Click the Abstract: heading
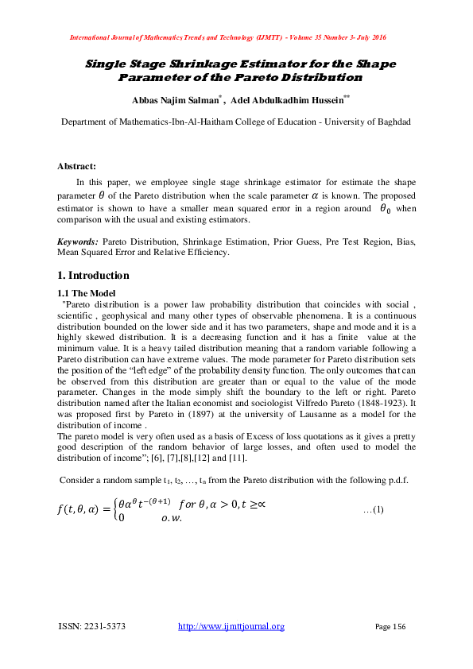click(x=76, y=166)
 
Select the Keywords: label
click(x=78, y=241)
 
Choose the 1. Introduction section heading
click(x=93, y=276)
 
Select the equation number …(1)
click(x=374, y=509)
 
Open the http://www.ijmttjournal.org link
click(x=231, y=627)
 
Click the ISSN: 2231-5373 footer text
click(x=92, y=627)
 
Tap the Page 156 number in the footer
click(x=390, y=627)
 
